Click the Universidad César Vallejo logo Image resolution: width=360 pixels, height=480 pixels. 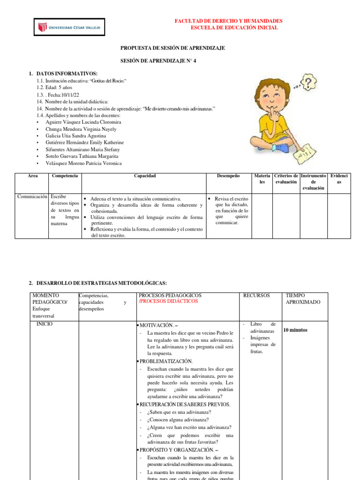[69, 28]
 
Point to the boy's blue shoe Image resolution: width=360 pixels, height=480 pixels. [282, 148]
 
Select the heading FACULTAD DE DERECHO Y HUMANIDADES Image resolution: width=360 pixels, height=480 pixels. [228, 22]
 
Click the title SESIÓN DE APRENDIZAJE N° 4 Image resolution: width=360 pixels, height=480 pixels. [158, 61]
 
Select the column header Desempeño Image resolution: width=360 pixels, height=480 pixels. [228, 176]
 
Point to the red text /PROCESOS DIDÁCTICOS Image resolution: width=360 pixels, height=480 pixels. [168, 301]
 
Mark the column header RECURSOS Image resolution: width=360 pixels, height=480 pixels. [256, 296]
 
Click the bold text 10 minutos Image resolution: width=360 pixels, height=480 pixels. [295, 330]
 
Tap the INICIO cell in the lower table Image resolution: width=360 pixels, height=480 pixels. [45, 324]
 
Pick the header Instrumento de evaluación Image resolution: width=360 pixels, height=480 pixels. [313, 182]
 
